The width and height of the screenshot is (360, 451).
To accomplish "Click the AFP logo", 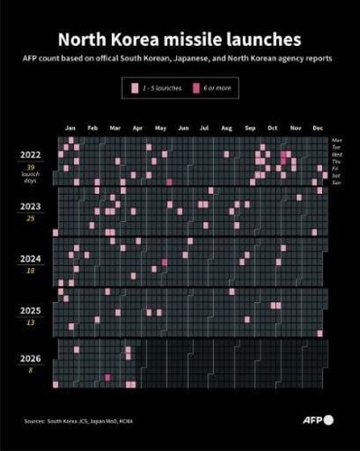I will (316, 419).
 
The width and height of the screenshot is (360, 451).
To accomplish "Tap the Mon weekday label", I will (337, 141).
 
